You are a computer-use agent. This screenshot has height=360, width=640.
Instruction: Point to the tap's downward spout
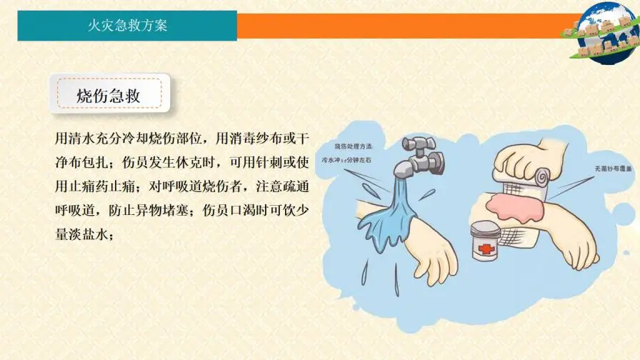tap(405, 171)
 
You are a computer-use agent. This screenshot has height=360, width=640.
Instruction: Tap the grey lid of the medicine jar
tap(487, 229)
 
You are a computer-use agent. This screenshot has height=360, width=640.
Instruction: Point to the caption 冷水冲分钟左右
tap(346, 161)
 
